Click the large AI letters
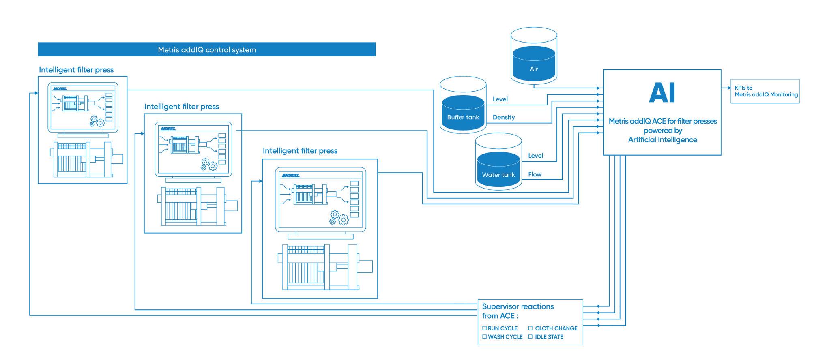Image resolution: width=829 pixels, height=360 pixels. point(662,93)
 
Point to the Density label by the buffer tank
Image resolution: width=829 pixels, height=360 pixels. point(504,117)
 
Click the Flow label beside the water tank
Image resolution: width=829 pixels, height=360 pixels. point(535,174)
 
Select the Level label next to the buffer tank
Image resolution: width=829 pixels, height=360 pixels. point(500,99)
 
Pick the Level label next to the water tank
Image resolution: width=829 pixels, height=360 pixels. point(535,156)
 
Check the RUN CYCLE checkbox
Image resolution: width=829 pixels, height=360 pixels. point(484,328)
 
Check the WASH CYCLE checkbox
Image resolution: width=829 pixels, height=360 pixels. point(484,337)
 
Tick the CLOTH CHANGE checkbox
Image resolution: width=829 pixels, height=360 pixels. point(530,328)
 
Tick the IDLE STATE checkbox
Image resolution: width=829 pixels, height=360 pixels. point(530,337)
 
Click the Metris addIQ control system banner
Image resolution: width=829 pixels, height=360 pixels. point(207,49)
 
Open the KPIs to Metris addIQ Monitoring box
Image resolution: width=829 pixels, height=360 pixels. point(765,91)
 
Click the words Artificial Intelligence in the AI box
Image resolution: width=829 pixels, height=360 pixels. point(663,140)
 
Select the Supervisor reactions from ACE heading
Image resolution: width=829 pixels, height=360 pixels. point(518,311)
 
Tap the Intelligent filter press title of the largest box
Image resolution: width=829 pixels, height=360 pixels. point(300,151)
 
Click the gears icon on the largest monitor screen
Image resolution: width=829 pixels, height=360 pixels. point(339,218)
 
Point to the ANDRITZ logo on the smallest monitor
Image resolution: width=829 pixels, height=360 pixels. point(60,88)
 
